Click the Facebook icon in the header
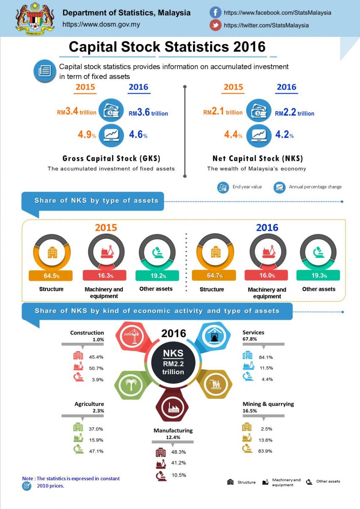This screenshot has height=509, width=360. pyautogui.click(x=216, y=13)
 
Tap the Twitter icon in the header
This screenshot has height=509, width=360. pyautogui.click(x=216, y=25)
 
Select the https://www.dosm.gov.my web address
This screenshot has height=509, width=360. pyautogui.click(x=101, y=25)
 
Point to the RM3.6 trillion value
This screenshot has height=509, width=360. pyautogui.click(x=148, y=113)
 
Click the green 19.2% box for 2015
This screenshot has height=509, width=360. pyautogui.click(x=157, y=276)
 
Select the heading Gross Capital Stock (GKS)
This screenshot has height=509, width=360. pyautogui.click(x=111, y=159)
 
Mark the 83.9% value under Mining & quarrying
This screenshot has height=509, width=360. pyautogui.click(x=265, y=450)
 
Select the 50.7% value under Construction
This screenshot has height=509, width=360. pyautogui.click(x=96, y=368)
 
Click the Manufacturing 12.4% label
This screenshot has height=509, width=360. pyautogui.click(x=173, y=433)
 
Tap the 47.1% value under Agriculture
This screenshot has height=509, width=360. pyautogui.click(x=96, y=451)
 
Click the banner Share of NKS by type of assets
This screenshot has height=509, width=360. pyautogui.click(x=96, y=201)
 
